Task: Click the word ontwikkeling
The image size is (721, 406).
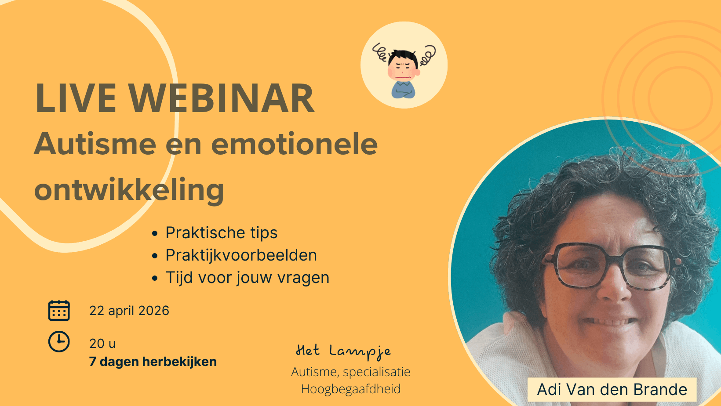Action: click(129, 190)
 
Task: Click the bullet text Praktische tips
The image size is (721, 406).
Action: click(222, 232)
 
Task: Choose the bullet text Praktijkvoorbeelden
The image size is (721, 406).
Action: click(241, 255)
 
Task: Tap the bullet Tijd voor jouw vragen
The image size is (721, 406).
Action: click(247, 278)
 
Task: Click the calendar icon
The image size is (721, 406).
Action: click(59, 311)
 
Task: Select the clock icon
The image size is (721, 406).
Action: click(59, 341)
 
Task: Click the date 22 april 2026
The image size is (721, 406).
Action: click(129, 311)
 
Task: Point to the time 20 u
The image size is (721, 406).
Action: click(102, 344)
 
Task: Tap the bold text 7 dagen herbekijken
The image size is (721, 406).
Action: click(153, 362)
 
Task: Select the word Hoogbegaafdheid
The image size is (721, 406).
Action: click(351, 389)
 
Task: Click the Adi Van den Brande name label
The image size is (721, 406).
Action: click(612, 390)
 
